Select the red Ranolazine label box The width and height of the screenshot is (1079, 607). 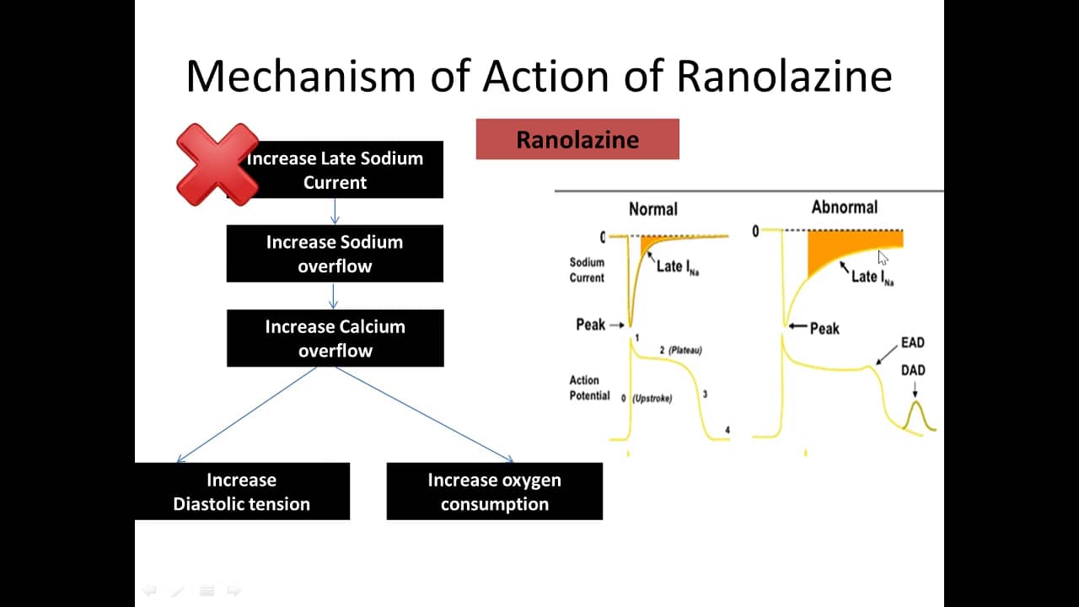[577, 139]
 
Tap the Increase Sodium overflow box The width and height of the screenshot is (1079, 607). [335, 254]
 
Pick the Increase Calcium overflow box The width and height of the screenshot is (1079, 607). [335, 338]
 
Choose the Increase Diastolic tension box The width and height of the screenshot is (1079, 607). [242, 492]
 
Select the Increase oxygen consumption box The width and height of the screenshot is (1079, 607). [494, 492]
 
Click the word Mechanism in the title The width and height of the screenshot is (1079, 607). [301, 75]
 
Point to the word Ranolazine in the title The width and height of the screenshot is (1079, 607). [784, 75]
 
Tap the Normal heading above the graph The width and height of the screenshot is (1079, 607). [652, 209]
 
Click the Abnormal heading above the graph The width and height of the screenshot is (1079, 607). [844, 207]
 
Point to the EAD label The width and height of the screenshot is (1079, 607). [912, 343]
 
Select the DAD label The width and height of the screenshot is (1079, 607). [913, 370]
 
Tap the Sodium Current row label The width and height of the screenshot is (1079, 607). [587, 270]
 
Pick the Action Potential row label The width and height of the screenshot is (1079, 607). [589, 388]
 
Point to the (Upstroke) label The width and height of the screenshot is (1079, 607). [652, 399]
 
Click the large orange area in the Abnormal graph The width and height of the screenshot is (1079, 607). [835, 249]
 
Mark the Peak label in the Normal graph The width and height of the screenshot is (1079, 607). [590, 325]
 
